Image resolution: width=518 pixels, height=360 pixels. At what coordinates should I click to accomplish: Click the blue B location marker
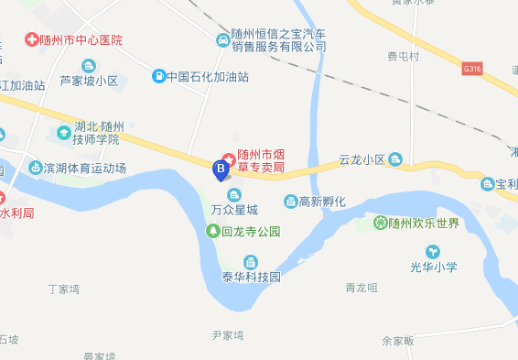coord(220,169)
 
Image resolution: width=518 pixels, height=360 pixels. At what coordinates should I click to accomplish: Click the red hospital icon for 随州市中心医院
coord(32,40)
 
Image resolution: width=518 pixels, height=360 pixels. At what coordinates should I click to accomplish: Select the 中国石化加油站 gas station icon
coord(158,76)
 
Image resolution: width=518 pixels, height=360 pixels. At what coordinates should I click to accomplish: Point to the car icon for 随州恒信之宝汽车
coord(222,40)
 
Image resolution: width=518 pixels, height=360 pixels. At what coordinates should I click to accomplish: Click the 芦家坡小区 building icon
coord(89,65)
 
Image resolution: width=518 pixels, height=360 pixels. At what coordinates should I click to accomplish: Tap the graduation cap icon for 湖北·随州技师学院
coord(62,133)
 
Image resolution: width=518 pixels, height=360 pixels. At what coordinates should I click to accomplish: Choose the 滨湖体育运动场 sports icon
coord(37,168)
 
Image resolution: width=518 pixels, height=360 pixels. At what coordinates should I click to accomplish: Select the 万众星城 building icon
coord(234,194)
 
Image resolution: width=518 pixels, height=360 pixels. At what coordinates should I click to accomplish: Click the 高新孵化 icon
coord(290,201)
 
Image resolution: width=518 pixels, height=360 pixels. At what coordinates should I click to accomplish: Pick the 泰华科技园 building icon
coord(250,262)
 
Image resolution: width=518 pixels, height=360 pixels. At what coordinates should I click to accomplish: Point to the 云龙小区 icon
coord(395,158)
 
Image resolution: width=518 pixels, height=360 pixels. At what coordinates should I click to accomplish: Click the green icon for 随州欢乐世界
coord(380,222)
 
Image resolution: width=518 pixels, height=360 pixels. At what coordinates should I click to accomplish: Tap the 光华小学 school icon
coord(433,251)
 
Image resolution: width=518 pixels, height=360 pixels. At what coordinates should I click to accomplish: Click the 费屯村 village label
coord(403,57)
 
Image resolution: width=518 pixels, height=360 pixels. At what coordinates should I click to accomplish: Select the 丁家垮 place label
coord(64,289)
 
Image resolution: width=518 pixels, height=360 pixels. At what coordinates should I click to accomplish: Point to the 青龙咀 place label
coord(362,288)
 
